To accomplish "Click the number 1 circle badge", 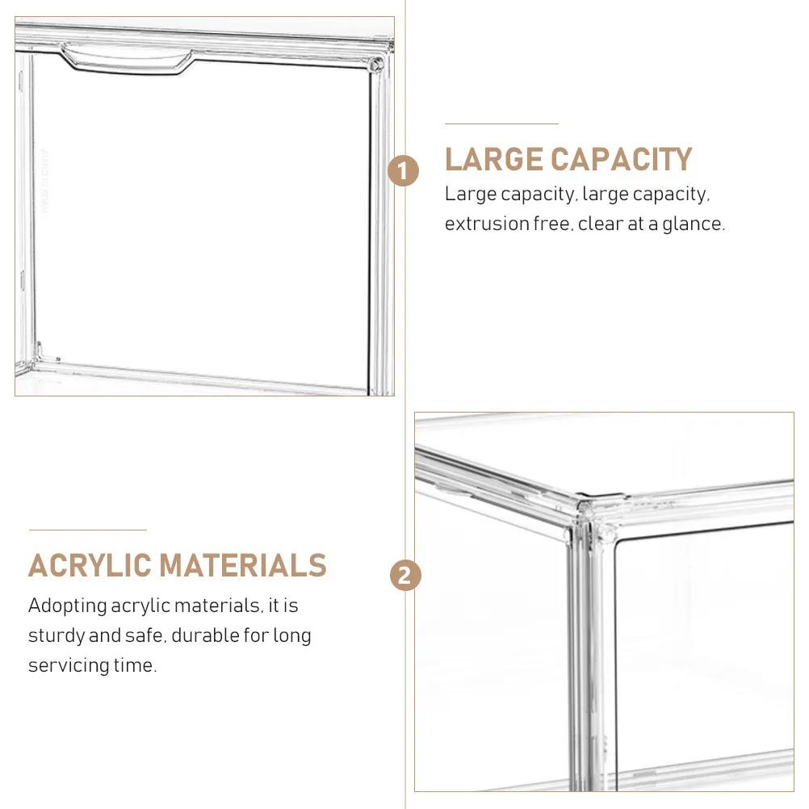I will (x=404, y=172).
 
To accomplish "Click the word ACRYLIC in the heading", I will (x=88, y=565).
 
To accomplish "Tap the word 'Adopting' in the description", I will (x=67, y=606).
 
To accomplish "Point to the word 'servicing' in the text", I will (x=63, y=665).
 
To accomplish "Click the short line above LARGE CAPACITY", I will (x=501, y=124).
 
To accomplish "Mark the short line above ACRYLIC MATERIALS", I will (x=87, y=530).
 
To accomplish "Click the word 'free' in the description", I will (x=551, y=224).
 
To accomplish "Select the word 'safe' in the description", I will (x=144, y=635).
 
